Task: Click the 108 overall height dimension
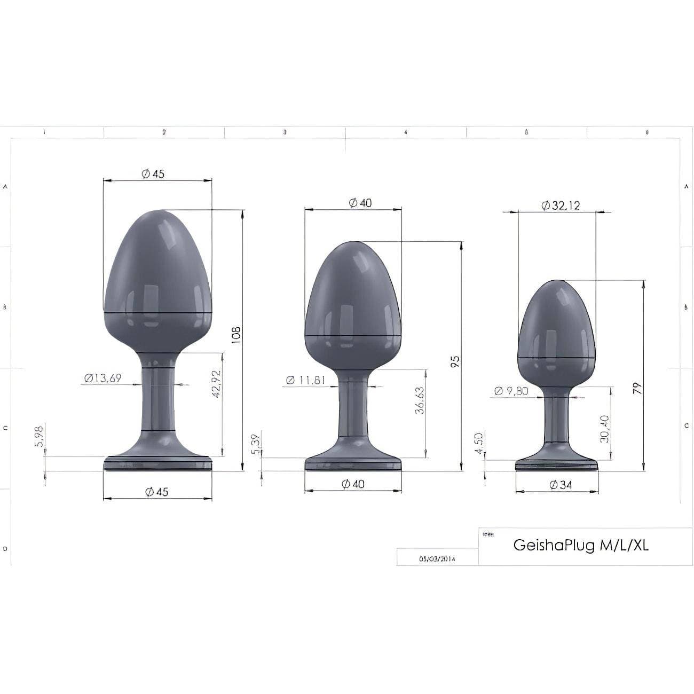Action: click(236, 336)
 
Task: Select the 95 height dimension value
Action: click(455, 362)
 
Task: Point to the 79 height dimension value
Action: click(636, 388)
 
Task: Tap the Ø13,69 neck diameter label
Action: click(102, 378)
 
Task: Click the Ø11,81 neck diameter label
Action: click(305, 380)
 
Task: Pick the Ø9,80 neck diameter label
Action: click(511, 391)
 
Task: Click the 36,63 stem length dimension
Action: click(420, 401)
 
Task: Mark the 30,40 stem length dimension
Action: click(604, 429)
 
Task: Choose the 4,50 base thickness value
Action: click(479, 443)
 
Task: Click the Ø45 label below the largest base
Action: click(156, 491)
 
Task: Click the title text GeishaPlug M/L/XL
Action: click(581, 545)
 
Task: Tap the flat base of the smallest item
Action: click(556, 466)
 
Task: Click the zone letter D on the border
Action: click(5, 548)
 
